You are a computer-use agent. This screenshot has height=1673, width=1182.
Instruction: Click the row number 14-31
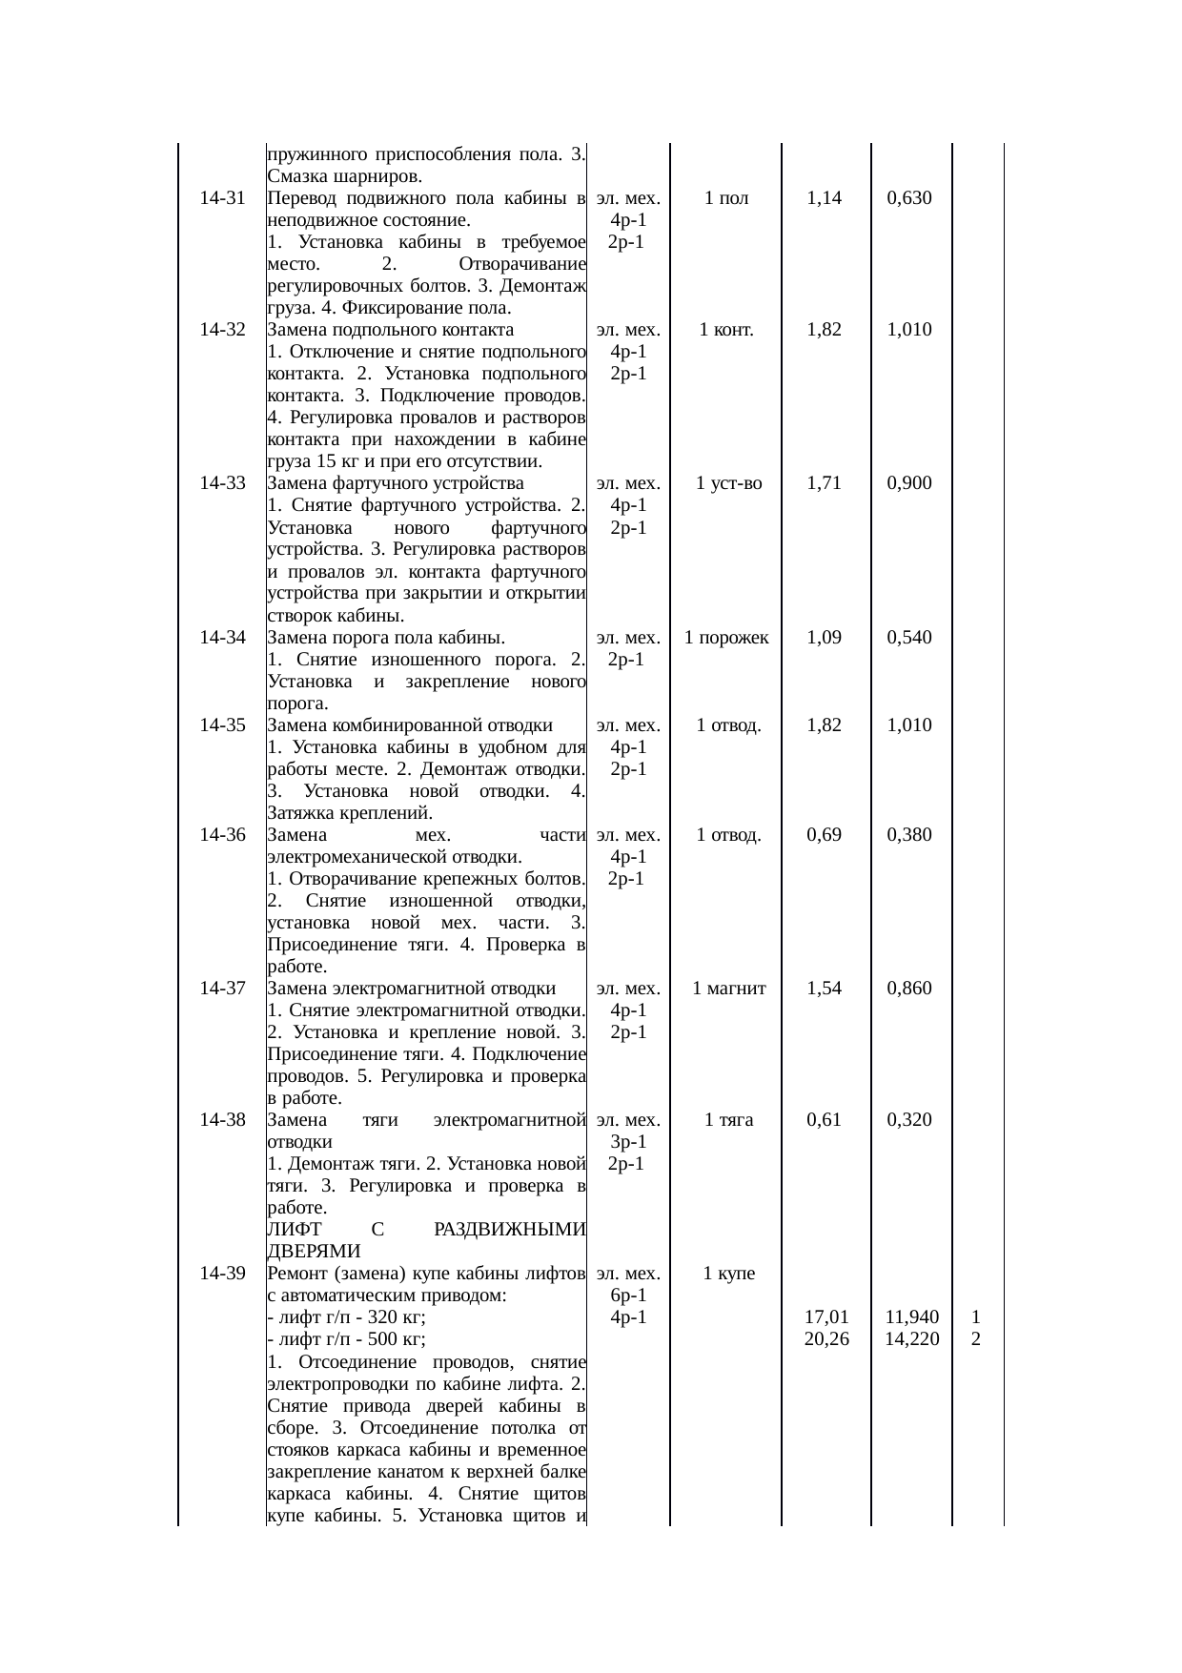(x=223, y=198)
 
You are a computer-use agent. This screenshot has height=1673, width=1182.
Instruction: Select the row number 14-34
(x=223, y=637)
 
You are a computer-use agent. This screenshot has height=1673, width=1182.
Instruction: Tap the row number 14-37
(x=223, y=988)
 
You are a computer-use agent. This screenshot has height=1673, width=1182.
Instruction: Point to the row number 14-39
(x=223, y=1273)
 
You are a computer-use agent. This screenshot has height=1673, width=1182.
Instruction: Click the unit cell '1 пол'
(x=726, y=198)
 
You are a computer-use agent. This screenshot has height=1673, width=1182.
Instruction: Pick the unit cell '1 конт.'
(x=726, y=330)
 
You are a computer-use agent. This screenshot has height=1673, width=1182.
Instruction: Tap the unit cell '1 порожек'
(x=726, y=637)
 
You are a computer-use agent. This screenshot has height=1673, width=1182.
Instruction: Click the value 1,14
(x=824, y=198)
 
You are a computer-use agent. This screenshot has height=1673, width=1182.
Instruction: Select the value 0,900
(x=908, y=483)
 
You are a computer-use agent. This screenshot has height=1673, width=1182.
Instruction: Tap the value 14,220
(x=911, y=1338)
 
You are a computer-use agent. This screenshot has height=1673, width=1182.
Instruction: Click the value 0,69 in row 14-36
(x=824, y=835)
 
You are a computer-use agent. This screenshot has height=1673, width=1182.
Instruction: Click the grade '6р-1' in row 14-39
(x=629, y=1295)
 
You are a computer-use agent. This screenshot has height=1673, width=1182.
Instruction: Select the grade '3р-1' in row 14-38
(x=629, y=1141)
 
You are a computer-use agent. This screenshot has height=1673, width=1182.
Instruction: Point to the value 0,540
(x=908, y=637)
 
